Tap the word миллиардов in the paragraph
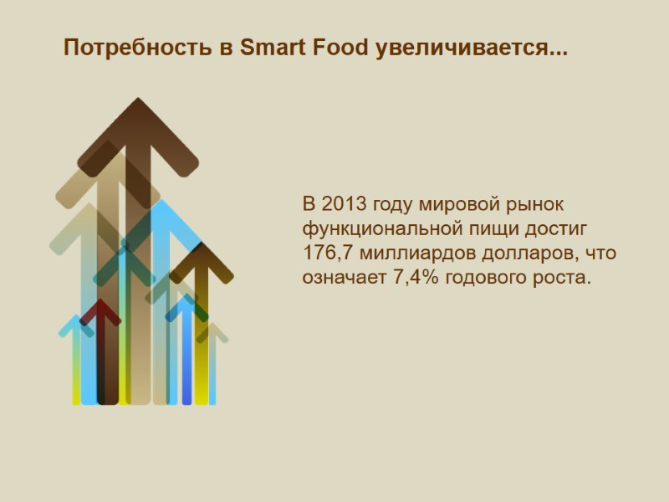click(421, 253)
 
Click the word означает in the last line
click(344, 277)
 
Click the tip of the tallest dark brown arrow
click(138, 102)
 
